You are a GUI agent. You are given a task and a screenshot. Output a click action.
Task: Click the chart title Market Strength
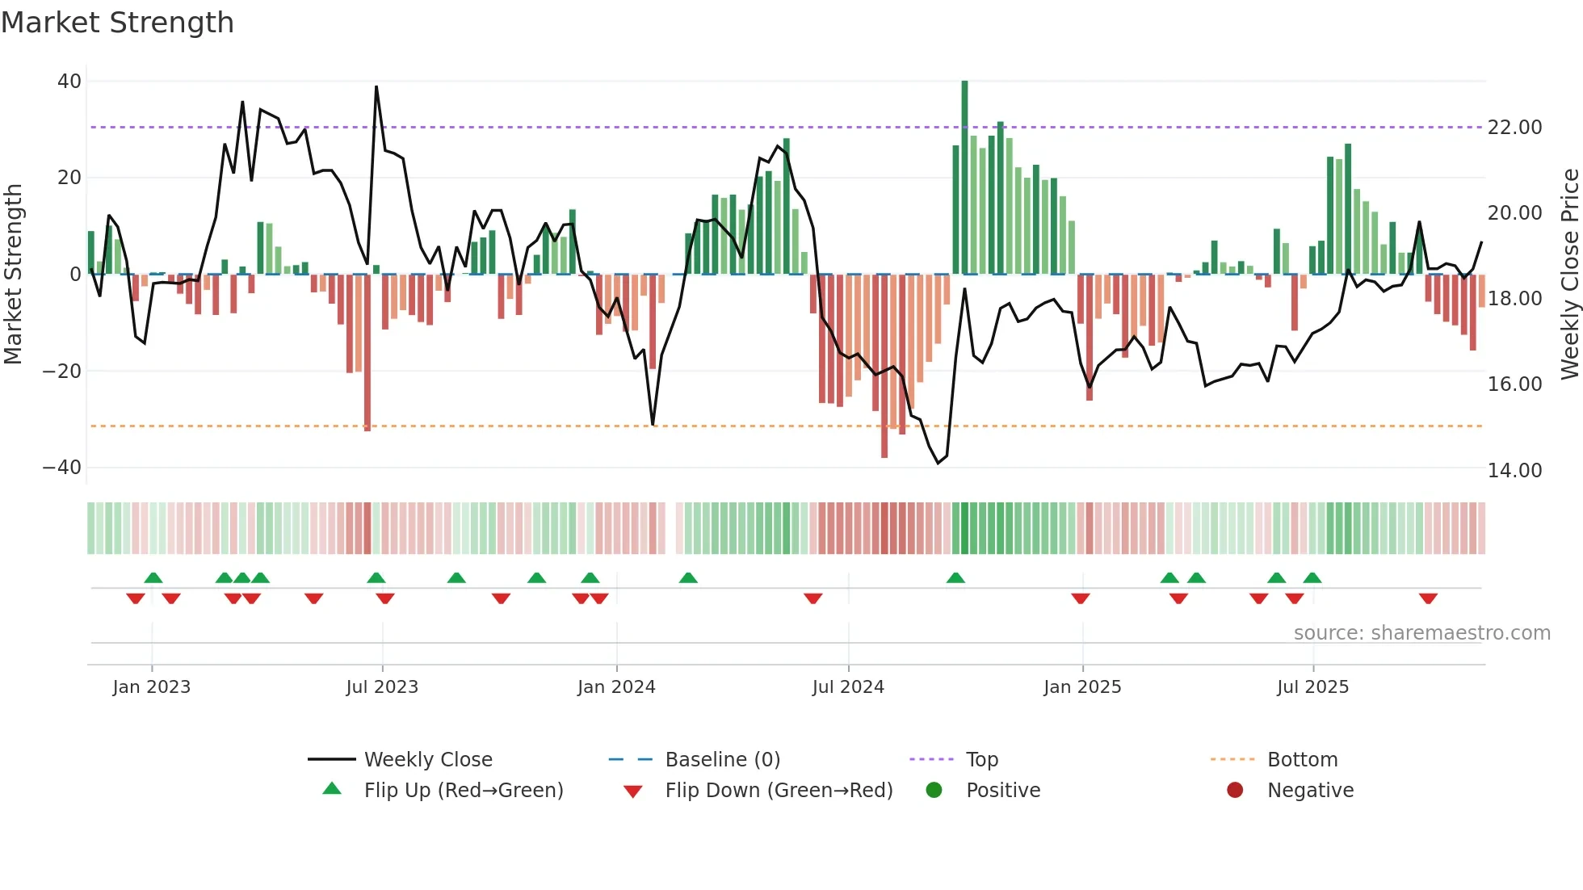click(118, 23)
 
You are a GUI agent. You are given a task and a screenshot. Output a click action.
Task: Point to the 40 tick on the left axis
click(69, 82)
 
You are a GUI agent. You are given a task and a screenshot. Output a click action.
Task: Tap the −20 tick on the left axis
click(62, 372)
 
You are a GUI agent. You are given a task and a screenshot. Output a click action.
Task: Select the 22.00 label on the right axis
click(1514, 128)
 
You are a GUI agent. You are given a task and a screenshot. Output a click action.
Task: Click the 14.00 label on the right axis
click(1514, 470)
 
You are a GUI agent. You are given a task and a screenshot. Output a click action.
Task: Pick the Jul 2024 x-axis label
click(848, 687)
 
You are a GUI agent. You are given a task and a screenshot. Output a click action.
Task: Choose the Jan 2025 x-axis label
click(1082, 687)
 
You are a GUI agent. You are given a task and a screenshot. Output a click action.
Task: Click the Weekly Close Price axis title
click(1569, 275)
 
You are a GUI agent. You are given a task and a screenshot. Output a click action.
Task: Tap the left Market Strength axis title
click(14, 275)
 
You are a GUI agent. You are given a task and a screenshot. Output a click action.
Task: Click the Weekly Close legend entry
click(428, 760)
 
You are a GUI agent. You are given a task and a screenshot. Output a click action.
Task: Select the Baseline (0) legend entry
click(722, 760)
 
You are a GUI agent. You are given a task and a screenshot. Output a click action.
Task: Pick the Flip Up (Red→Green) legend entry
click(463, 791)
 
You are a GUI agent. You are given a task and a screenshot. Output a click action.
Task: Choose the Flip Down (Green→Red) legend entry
click(779, 791)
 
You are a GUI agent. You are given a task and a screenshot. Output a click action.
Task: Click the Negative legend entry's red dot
click(1235, 791)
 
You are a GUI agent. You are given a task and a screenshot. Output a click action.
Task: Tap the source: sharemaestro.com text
click(1421, 633)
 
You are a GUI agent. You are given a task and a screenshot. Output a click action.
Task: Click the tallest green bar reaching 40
click(964, 162)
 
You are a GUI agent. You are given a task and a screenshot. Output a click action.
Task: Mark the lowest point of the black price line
click(938, 463)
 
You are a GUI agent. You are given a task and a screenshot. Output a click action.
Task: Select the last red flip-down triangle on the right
click(1428, 598)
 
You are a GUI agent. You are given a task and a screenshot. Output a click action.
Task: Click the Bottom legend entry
click(1302, 760)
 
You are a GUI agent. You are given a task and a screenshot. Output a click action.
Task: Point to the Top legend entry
click(982, 760)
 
